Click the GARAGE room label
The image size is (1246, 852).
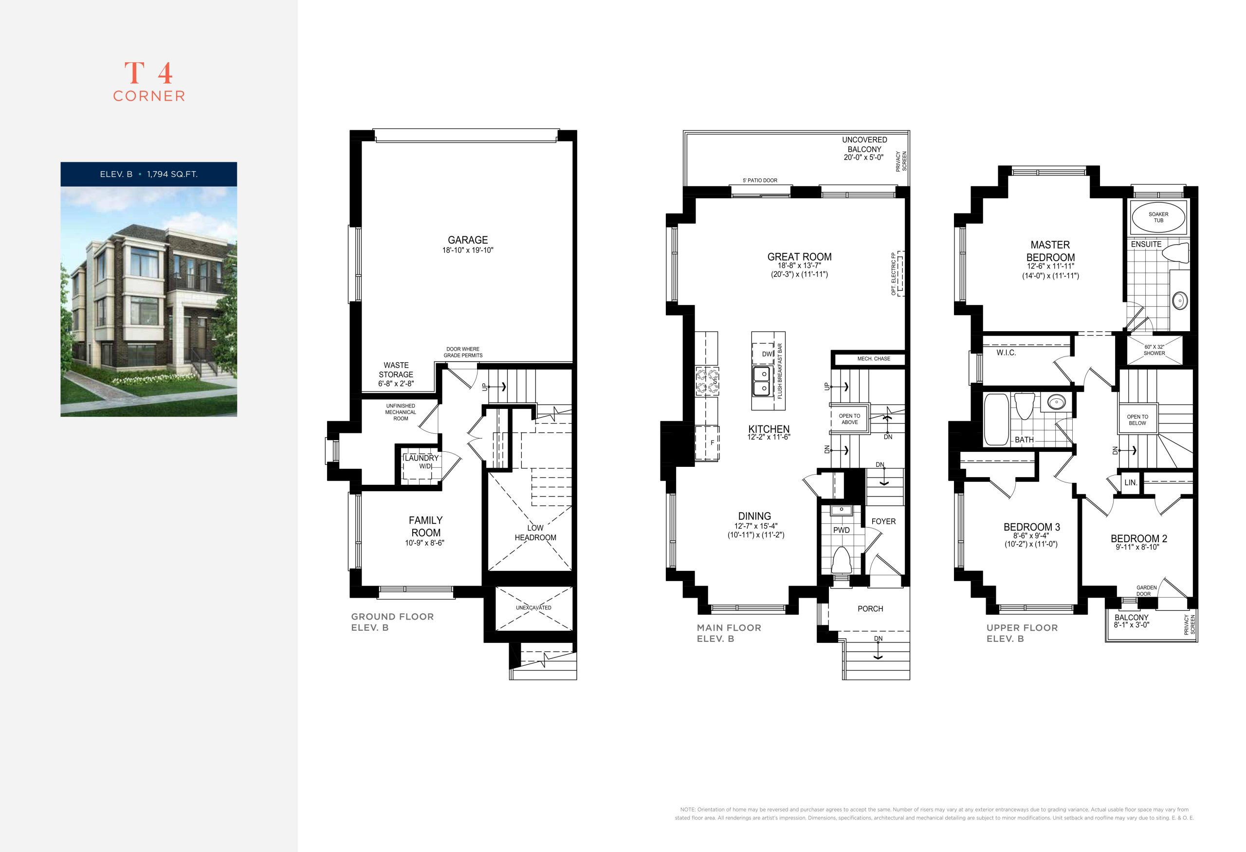coord(468,240)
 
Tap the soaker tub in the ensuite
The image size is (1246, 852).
coord(1158,217)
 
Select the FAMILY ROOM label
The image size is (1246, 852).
coord(426,526)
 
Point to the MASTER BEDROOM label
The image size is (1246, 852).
coord(1050,251)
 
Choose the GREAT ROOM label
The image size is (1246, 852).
coord(799,257)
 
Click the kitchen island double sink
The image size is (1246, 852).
coord(761,380)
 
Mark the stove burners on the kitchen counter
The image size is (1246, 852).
coord(707,380)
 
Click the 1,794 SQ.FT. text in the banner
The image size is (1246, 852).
coord(172,174)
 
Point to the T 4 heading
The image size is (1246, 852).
coord(148,73)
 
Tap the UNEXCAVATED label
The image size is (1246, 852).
coord(533,608)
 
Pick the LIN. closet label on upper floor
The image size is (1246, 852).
coord(1131,482)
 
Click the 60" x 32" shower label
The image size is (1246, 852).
coord(1154,350)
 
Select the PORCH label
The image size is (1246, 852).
coord(870,609)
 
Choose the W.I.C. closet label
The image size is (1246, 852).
coord(1007,353)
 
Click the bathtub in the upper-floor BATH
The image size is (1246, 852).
coord(997,420)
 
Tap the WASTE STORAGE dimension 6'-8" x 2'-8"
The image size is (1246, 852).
coord(396,384)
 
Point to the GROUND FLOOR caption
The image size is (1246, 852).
coord(392,617)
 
